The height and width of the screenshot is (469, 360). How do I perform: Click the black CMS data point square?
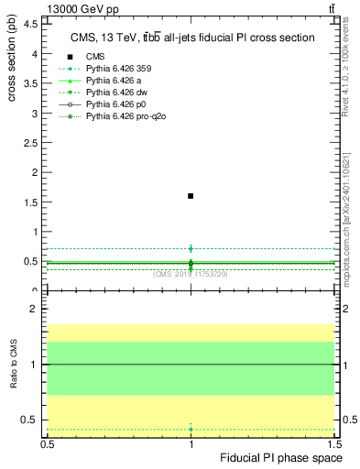[191, 196]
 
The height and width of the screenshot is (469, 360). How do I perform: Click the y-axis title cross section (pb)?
[11, 55]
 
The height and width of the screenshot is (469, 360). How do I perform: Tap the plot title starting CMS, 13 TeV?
[192, 38]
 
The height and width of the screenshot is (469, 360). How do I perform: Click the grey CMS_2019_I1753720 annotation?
[191, 274]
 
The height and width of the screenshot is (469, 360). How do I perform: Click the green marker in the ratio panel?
[191, 429]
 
